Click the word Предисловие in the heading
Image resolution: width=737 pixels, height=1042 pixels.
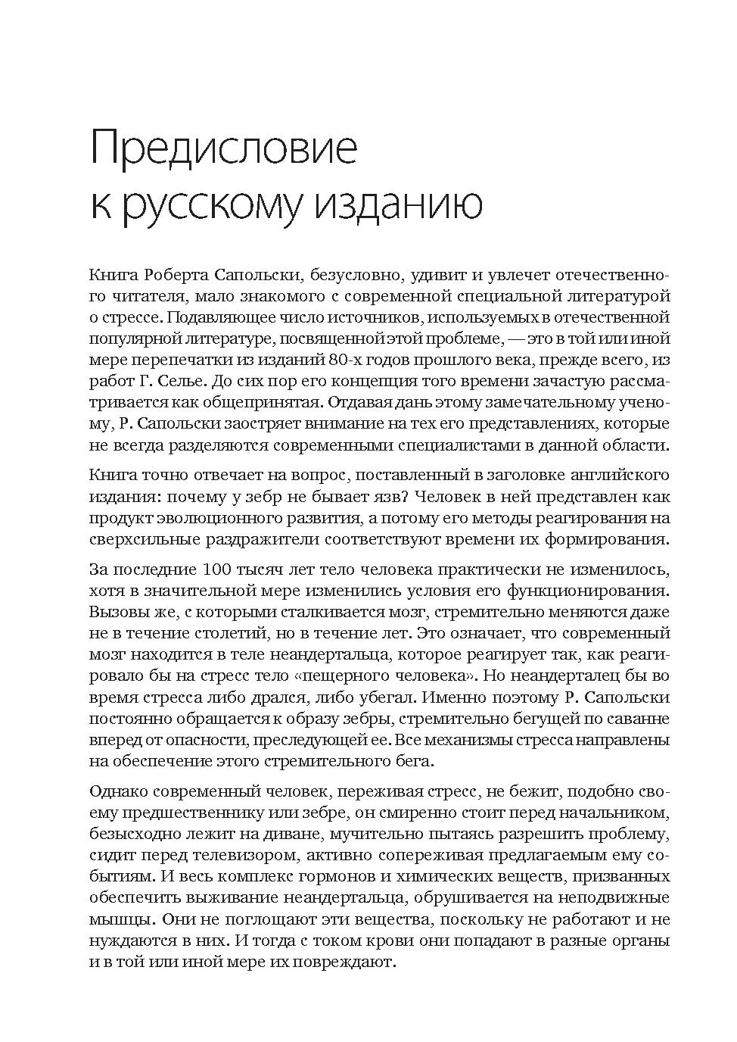tap(223, 148)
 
